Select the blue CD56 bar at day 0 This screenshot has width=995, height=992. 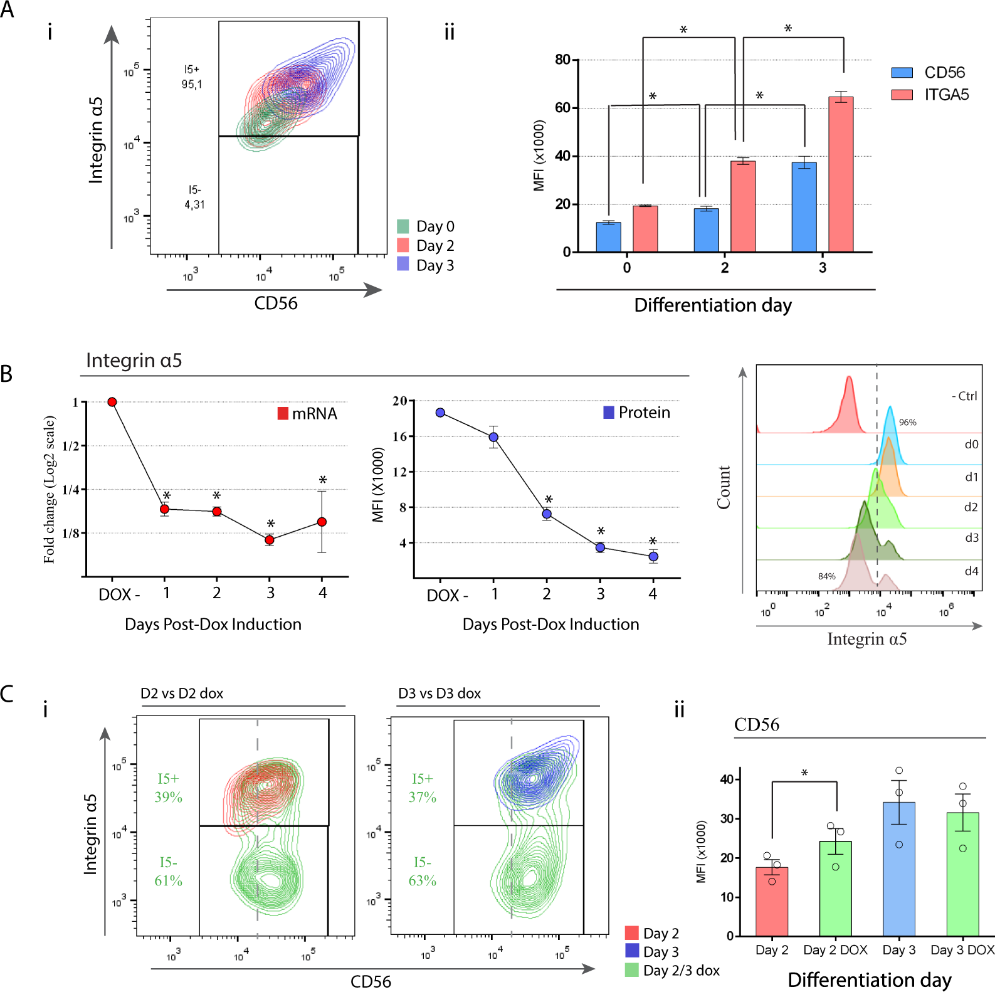coord(608,237)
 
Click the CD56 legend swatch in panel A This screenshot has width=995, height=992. coord(902,73)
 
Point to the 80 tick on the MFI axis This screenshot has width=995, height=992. coord(562,60)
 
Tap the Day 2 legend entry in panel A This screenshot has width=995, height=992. coord(426,246)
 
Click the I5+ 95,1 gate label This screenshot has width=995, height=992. coord(192,77)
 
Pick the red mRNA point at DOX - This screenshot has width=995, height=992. coord(112,402)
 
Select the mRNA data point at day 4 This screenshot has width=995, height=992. coord(322,522)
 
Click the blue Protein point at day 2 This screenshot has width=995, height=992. coord(547,514)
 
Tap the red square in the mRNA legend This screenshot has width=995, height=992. coord(283,413)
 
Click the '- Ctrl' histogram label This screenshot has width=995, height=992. coord(964,396)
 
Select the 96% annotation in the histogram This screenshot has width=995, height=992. coord(907,423)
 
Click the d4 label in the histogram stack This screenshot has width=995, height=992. coord(971,571)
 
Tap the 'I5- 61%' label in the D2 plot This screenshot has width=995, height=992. coord(168,872)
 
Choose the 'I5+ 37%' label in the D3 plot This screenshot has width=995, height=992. coord(422,788)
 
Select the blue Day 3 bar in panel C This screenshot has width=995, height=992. coord(898,869)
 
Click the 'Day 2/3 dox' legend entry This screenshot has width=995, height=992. coord(672,971)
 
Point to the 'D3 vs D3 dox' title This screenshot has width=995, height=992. coord(440,694)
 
